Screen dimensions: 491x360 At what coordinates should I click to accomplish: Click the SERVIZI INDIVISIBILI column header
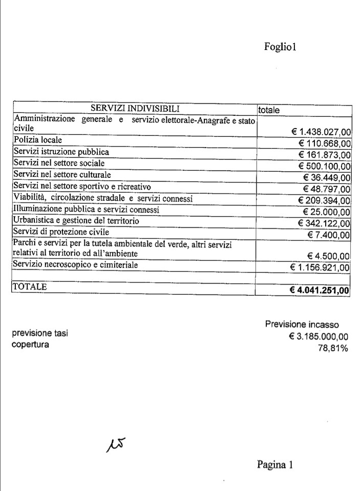point(135,108)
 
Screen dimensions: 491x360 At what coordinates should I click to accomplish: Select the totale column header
point(269,110)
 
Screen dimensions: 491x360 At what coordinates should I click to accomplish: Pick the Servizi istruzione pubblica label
point(61,152)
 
